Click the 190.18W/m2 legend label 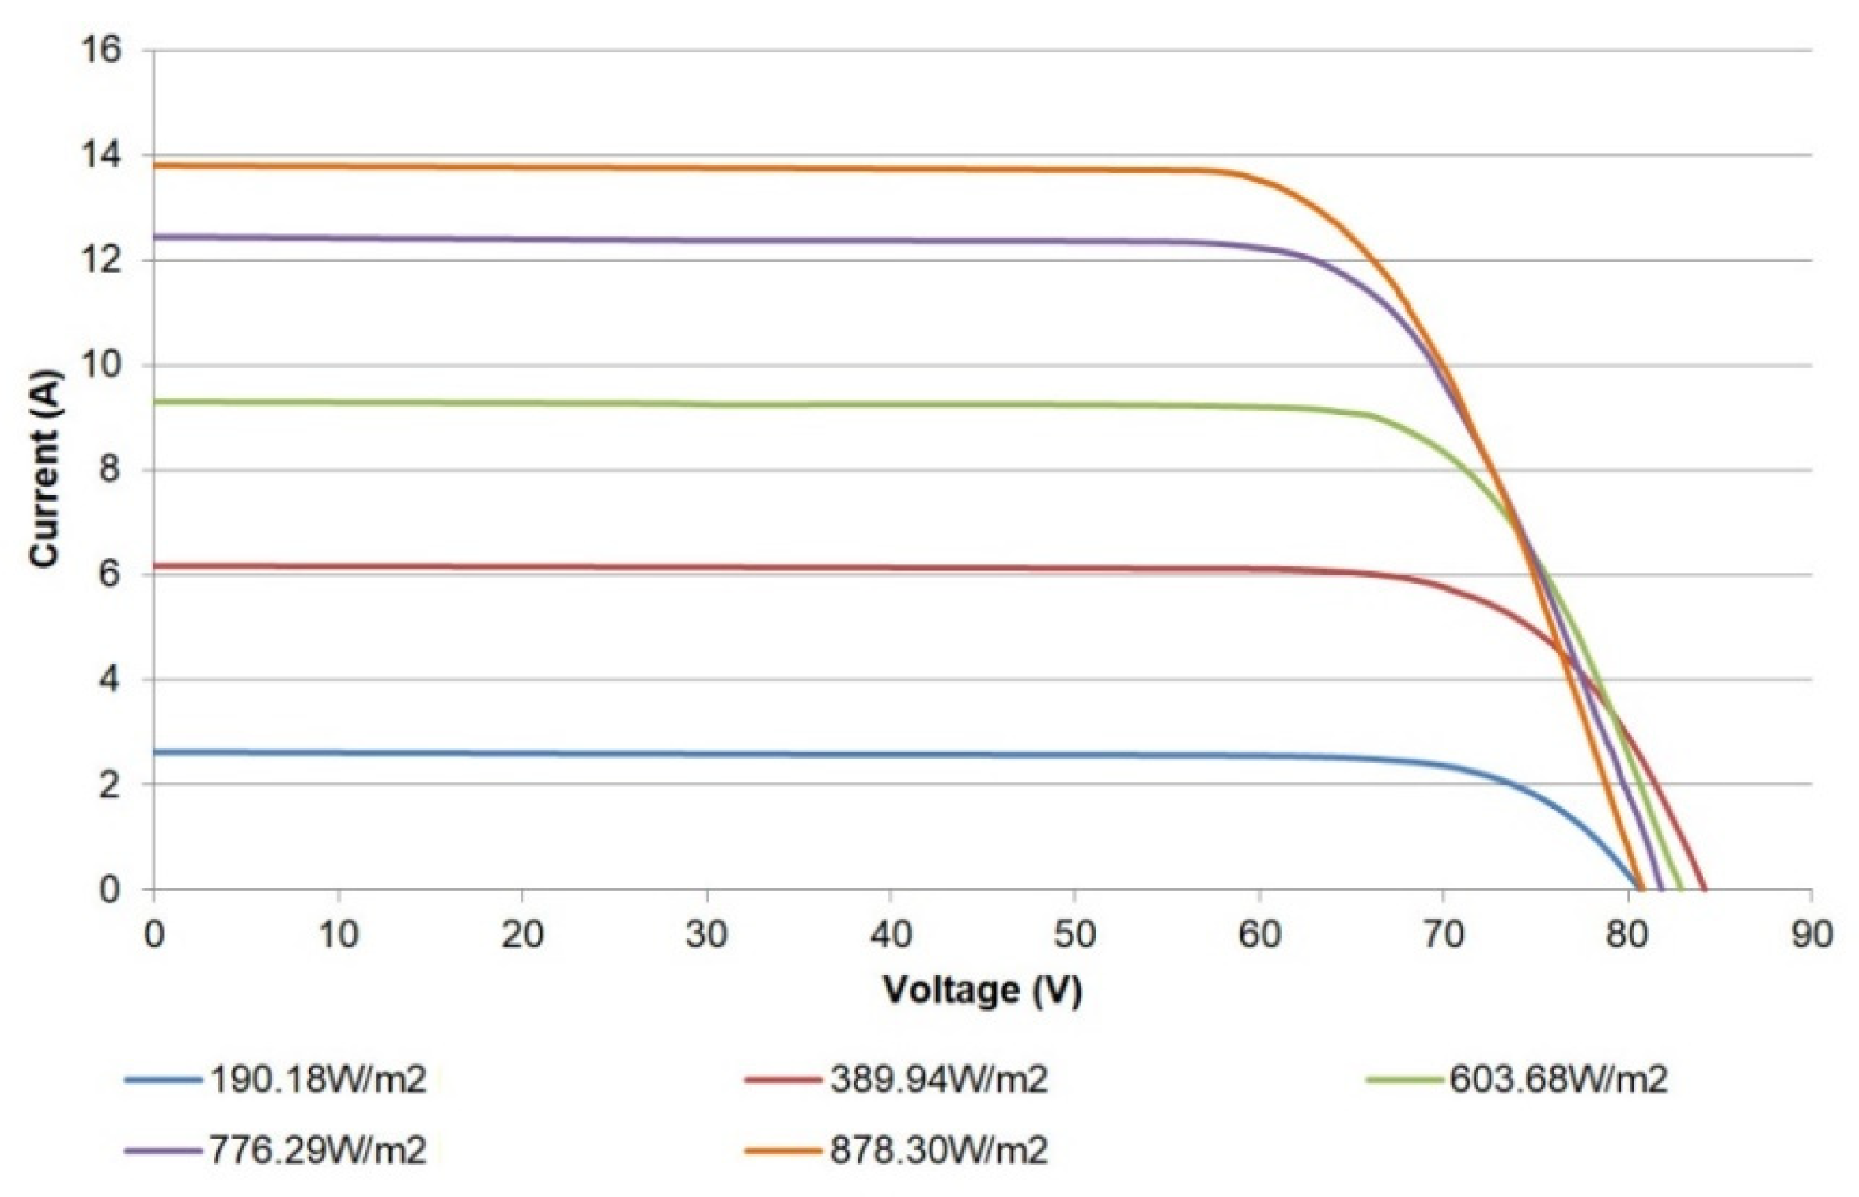pos(317,1079)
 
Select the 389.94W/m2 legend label pos(938,1079)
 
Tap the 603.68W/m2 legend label pos(1558,1079)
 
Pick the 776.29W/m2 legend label pos(317,1150)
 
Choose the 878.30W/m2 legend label pos(938,1150)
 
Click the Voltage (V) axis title pos(982,991)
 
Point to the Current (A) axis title pos(45,468)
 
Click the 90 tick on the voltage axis pos(1811,935)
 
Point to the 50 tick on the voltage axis pos(1074,935)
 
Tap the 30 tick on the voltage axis pos(706,935)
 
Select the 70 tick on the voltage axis pos(1443,935)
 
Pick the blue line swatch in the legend pos(162,1080)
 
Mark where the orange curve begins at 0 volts pos(155,165)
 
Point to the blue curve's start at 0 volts pos(155,752)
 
